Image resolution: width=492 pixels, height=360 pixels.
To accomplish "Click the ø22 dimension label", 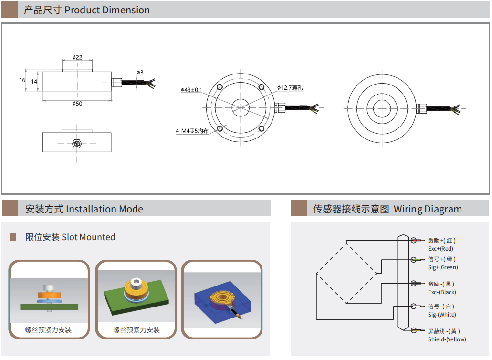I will click(77, 57).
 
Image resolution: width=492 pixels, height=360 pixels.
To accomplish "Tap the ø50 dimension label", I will click(77, 104).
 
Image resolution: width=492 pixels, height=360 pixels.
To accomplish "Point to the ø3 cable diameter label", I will click(140, 73).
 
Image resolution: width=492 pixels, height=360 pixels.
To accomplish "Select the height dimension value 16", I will click(22, 80).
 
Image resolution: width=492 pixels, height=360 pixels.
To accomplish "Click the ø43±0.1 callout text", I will click(192, 90).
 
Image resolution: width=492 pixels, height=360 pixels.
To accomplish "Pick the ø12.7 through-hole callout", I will click(290, 88).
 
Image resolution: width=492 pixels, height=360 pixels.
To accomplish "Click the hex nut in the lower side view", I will click(76, 143).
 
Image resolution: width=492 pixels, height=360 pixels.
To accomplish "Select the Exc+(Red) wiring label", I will click(440, 249).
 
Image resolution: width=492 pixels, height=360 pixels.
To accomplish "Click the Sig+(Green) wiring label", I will click(443, 267).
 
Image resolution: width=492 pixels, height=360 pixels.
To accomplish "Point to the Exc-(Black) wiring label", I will click(442, 292).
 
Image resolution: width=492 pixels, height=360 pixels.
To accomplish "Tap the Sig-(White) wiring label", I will click(442, 315).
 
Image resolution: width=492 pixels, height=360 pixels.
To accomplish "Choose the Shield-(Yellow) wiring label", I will click(447, 339).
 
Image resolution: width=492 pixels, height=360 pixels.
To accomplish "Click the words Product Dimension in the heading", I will click(107, 10).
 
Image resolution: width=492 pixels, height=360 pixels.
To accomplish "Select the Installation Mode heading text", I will click(105, 209).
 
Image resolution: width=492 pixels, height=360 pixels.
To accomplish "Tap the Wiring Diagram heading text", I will click(428, 209).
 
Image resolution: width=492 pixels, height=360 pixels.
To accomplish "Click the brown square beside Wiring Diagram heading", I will click(299, 209).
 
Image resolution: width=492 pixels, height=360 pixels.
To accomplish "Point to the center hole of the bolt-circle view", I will click(241, 108).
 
